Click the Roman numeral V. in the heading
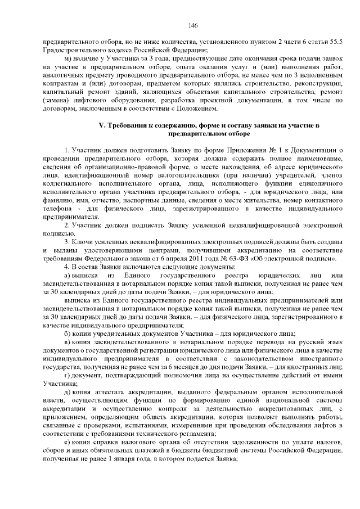coord(103,125)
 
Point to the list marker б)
coord(67,332)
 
